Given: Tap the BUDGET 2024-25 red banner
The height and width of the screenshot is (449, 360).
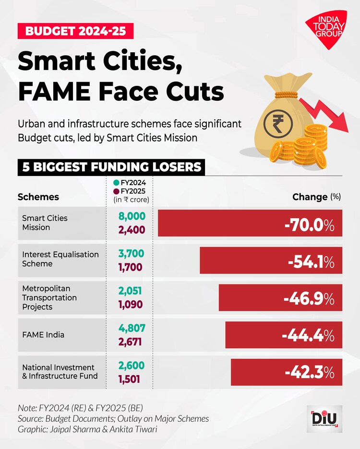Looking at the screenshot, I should coord(75,32).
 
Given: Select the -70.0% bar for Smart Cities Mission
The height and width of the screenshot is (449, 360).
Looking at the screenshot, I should coord(250,223).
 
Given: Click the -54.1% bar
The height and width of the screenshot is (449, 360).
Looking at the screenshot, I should coord(271,260).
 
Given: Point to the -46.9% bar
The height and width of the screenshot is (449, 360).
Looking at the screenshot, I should coord(280,298).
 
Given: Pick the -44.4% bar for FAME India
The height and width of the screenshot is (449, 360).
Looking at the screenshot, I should coord(284,335).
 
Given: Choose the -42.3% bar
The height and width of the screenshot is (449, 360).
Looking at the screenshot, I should coord(287,372).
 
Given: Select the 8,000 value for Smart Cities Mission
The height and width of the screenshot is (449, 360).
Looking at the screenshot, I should coord(132,216).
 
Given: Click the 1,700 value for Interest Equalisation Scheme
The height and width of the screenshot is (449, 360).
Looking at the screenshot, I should coord(131,267).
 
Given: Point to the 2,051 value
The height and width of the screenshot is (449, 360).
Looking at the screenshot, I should coord(131,291).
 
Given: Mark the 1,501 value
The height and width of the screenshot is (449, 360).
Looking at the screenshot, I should coord(129,379).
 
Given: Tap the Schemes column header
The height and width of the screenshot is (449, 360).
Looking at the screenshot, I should coord(38,197).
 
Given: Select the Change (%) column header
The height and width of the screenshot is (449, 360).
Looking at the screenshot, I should coord(316,197).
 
